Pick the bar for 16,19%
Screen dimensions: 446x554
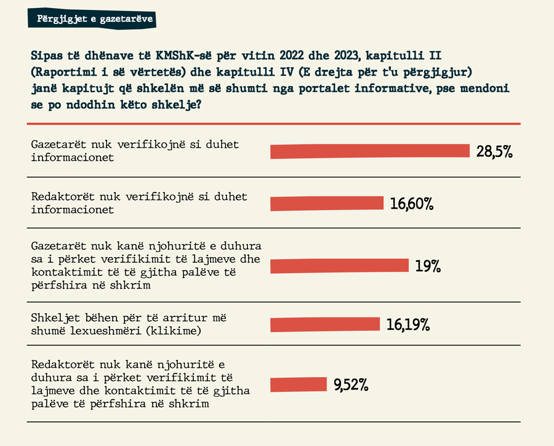coord(326,324)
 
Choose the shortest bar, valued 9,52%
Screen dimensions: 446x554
coord(298,384)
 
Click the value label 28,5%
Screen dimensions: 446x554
coord(494,151)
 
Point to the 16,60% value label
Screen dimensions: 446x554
coord(412,204)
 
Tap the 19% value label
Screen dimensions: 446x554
coord(428,266)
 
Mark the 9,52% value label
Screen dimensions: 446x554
coord(351,385)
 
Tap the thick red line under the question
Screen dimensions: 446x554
coord(274,123)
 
